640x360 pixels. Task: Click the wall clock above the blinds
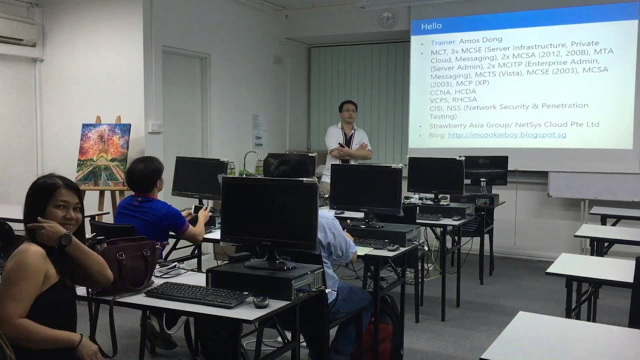[387, 19]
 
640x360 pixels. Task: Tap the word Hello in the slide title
[431, 25]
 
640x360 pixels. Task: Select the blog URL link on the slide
[507, 135]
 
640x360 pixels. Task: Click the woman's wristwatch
[64, 240]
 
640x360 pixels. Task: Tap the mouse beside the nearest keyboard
[260, 301]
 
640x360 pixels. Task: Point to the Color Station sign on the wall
[258, 140]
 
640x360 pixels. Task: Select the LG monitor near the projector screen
[485, 170]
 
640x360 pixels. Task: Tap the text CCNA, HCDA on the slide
[452, 91]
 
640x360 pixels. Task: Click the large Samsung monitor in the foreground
[269, 215]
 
